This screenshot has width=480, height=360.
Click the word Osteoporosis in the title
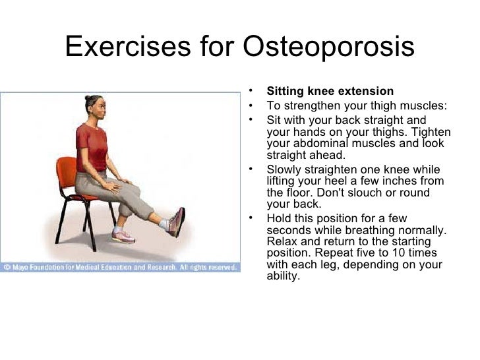(x=329, y=47)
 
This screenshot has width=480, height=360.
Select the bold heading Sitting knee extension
(x=330, y=91)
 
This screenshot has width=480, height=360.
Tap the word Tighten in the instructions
(x=425, y=132)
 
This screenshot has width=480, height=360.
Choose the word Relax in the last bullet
(x=282, y=241)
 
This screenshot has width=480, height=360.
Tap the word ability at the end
(x=282, y=276)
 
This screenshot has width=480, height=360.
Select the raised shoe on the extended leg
(x=177, y=222)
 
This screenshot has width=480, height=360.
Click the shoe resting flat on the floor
(x=125, y=235)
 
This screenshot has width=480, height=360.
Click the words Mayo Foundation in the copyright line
(x=40, y=268)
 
